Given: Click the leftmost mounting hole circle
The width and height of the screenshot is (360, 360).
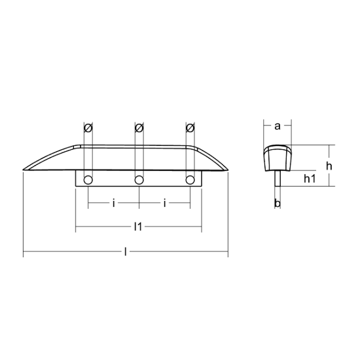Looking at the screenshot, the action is coord(88,180).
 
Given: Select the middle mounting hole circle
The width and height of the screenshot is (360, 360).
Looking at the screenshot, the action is coord(139,180).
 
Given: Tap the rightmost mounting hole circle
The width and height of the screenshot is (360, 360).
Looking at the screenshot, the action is coord(190,180).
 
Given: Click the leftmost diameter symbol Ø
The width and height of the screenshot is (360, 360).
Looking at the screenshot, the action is coord(88,128).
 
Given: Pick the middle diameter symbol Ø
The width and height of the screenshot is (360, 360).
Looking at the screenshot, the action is coord(139,128).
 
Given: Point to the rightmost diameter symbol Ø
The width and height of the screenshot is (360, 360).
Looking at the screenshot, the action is coord(190,128).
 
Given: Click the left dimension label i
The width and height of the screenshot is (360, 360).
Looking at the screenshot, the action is coord(114,203).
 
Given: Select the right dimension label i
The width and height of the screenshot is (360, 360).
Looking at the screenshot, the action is coord(164,203).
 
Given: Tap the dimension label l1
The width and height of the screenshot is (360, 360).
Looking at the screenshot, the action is coord(138,227).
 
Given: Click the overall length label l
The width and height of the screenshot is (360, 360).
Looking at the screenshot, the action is coord(126,251).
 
